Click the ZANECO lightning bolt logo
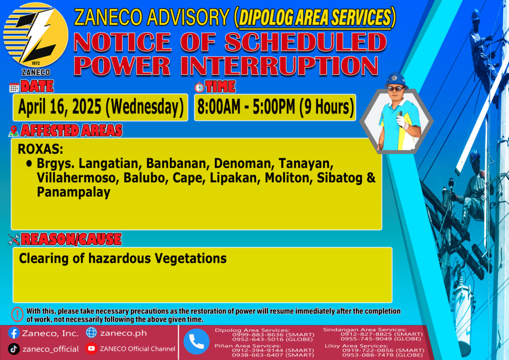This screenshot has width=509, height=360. click(x=36, y=36)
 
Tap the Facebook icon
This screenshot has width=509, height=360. click(x=14, y=333)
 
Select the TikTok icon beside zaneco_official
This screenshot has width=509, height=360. click(x=13, y=349)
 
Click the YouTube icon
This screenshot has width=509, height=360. click(x=91, y=349)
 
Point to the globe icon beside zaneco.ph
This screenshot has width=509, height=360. click(x=91, y=333)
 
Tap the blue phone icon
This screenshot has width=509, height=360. click(x=196, y=342)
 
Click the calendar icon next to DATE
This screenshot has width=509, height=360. click(x=14, y=88)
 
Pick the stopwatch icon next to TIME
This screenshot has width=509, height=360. click(x=199, y=87)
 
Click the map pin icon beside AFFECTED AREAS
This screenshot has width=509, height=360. click(x=13, y=131)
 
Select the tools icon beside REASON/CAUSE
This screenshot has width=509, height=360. click(x=14, y=240)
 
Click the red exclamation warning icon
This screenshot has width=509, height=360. click(x=17, y=314)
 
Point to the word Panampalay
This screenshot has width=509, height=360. click(x=74, y=192)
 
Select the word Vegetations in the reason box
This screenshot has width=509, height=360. click(x=190, y=259)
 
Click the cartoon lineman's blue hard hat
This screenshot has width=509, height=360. click(x=396, y=80)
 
